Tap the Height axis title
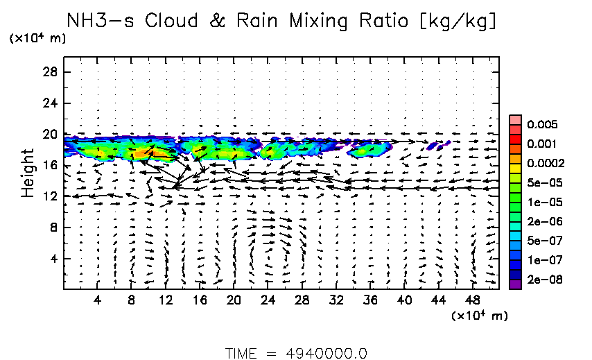coord(27,172)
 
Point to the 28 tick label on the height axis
coord(51,72)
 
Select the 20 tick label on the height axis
coord(51,135)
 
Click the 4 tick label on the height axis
coord(54,259)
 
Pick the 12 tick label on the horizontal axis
coord(165,300)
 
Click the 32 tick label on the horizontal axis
coord(337,300)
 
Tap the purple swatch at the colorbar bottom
coord(514,283)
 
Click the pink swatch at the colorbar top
coord(514,119)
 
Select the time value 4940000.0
coord(327,353)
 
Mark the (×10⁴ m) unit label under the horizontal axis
coord(479,316)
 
